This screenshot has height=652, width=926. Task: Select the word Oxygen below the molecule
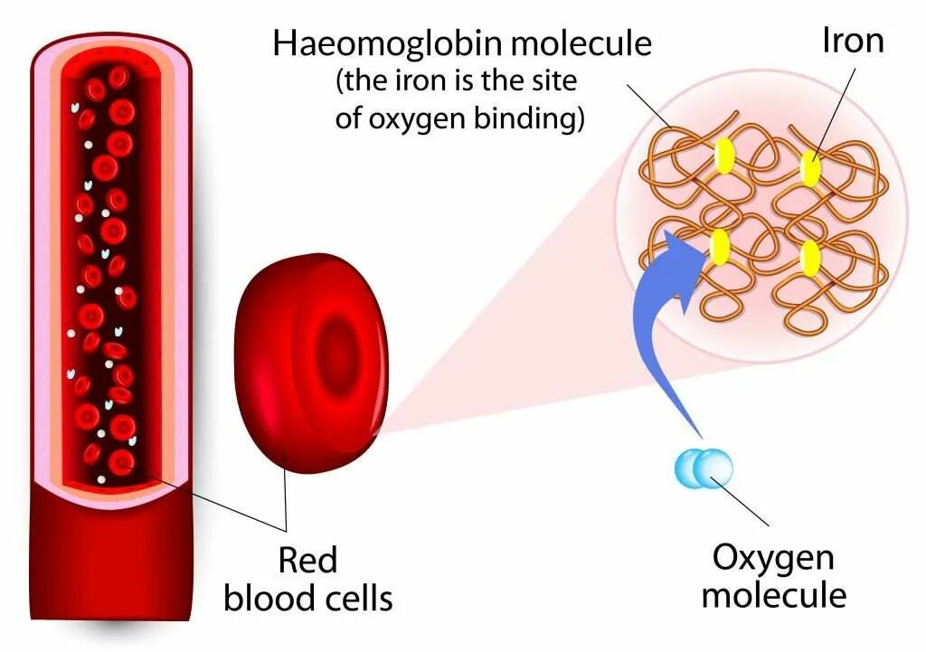click(x=773, y=557)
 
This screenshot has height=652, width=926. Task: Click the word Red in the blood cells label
click(x=307, y=560)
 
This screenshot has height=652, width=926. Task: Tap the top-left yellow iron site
click(x=724, y=156)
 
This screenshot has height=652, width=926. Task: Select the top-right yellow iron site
click(x=809, y=166)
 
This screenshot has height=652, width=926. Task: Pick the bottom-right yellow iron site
click(x=810, y=257)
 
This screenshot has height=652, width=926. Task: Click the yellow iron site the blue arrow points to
click(x=721, y=247)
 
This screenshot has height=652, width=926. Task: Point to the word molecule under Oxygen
click(x=774, y=595)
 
